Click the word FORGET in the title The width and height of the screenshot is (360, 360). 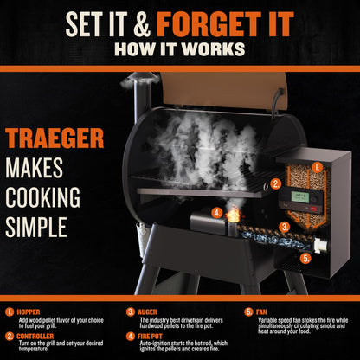pos(220,20)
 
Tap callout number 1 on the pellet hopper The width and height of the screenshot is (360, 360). pos(317,166)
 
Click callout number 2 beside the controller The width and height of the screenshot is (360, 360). pos(275,183)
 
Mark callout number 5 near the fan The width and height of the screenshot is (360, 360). pos(304,257)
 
